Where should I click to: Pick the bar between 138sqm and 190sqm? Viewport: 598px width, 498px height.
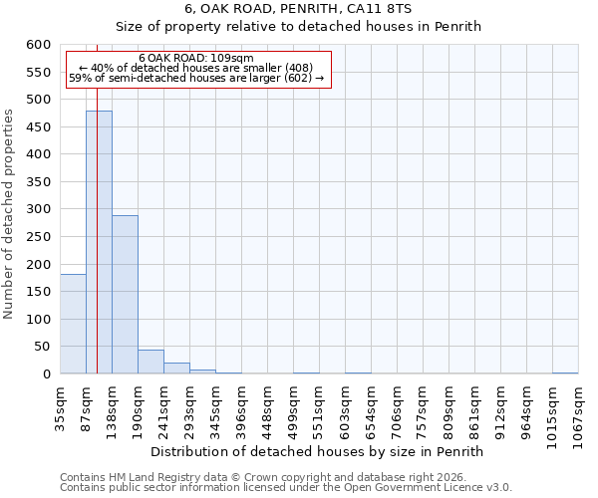click(x=125, y=295)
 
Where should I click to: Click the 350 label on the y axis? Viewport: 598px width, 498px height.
click(x=38, y=182)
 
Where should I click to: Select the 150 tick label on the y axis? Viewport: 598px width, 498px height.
click(x=38, y=292)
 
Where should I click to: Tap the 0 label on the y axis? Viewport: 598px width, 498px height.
click(x=46, y=374)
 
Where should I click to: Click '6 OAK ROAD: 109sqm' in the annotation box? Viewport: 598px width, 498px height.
click(x=196, y=58)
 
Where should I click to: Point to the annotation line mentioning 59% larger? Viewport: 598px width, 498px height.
click(x=196, y=78)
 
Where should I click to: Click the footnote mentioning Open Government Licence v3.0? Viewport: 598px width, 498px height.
click(x=286, y=488)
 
